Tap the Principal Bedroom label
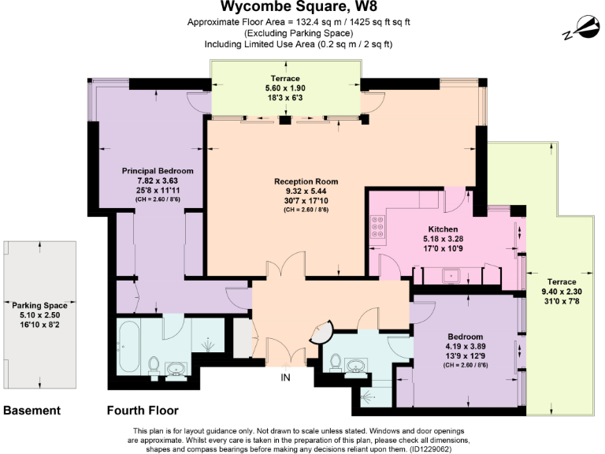158,170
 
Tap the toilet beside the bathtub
154,365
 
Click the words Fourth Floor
143,411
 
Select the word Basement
32,411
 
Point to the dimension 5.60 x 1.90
285,88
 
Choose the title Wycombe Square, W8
302,8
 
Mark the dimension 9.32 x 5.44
288,191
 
